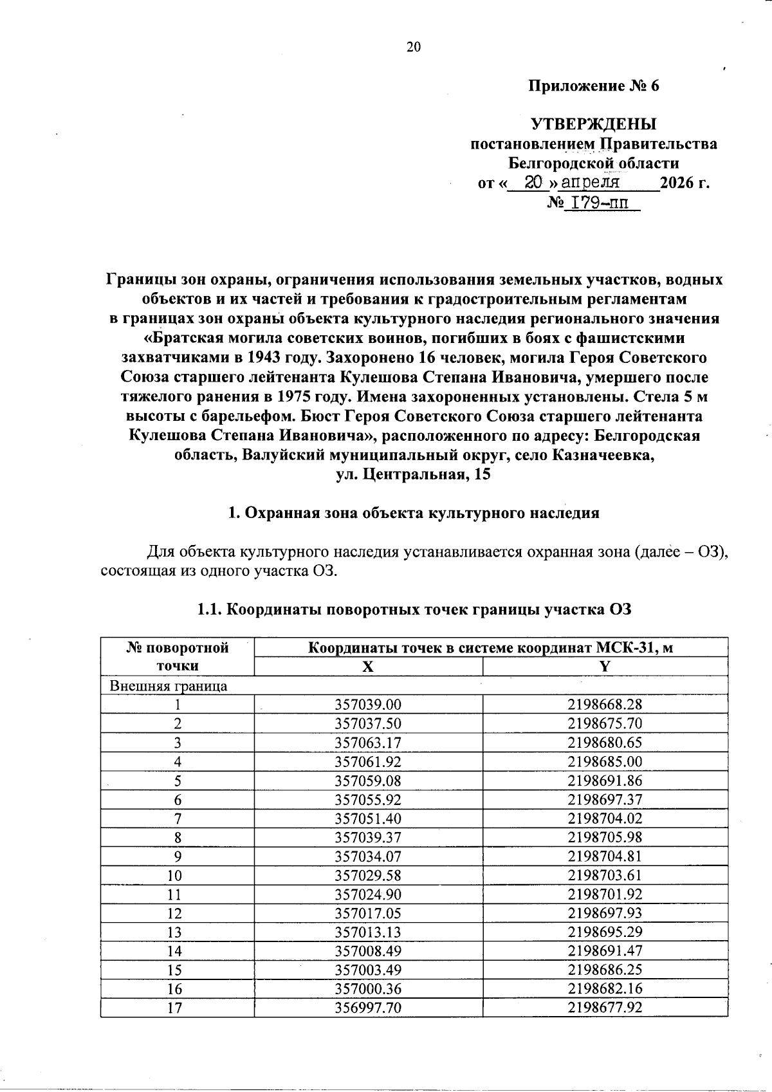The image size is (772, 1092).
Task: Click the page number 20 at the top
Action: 413,46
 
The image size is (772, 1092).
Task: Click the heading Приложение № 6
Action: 594,86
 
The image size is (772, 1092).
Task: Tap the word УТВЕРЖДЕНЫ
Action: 594,124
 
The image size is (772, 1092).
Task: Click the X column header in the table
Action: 367,667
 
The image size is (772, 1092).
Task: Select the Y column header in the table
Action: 604,667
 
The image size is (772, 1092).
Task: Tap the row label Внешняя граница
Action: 169,686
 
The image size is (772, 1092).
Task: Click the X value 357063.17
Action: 368,743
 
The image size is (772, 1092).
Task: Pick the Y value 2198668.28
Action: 605,705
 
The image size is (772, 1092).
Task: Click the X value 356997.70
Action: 368,1008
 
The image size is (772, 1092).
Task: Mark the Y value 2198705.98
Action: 605,837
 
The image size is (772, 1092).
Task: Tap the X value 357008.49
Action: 368,951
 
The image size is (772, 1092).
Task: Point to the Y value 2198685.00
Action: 605,762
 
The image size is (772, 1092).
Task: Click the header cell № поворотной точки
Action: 178,657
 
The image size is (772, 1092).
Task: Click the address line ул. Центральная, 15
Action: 413,475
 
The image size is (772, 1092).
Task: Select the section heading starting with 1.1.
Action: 414,609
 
